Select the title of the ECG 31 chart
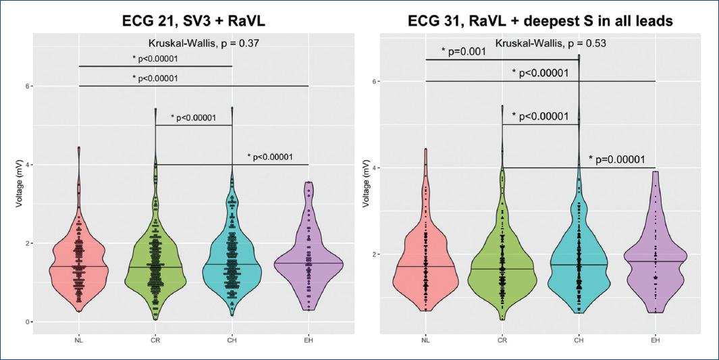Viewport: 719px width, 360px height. click(x=540, y=21)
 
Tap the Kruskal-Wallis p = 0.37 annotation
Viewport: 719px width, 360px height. click(x=194, y=44)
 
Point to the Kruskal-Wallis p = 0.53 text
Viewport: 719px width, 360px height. click(x=550, y=44)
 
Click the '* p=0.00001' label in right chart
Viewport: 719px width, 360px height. click(x=622, y=159)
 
